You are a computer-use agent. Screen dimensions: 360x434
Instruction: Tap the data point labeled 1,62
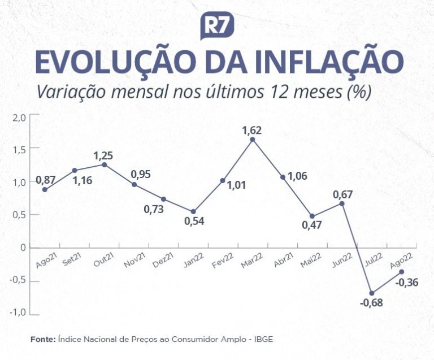[253, 139]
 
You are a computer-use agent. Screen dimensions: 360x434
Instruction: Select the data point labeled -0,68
[371, 293]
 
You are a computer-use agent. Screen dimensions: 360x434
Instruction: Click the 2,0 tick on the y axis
[19, 117]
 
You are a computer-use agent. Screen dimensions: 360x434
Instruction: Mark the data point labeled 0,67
[342, 203]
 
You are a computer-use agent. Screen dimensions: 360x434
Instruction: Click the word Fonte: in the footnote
[43, 339]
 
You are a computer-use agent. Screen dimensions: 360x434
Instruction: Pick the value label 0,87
[46, 180]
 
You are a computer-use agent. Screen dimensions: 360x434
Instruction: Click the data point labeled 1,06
[283, 177]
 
